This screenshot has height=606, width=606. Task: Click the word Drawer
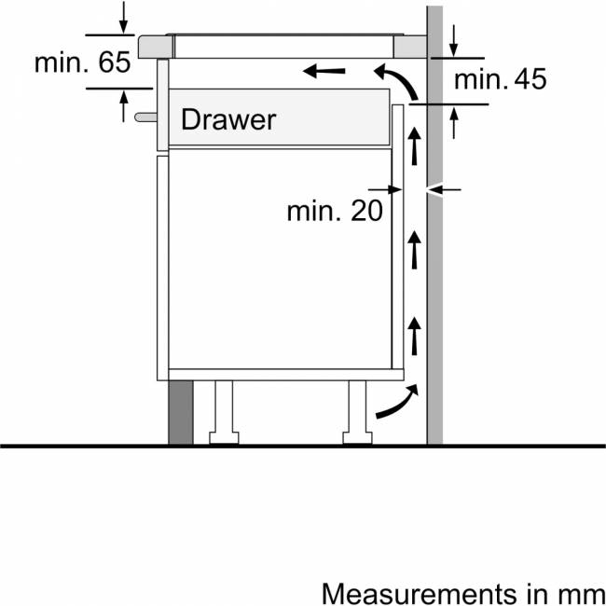click(x=228, y=119)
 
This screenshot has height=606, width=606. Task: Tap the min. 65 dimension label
click(x=83, y=62)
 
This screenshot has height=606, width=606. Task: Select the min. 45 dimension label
click(x=500, y=79)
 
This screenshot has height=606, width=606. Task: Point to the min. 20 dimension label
click(x=335, y=211)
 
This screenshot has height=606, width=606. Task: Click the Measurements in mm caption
click(x=463, y=593)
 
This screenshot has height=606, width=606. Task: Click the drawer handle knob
click(x=145, y=117)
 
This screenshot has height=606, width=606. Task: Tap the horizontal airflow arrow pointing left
click(x=324, y=71)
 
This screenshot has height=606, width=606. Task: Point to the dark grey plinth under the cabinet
click(x=181, y=412)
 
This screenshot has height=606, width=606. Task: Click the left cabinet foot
click(x=224, y=412)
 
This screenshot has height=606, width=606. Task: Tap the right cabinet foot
click(x=357, y=412)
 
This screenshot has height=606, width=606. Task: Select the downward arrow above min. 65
click(x=123, y=18)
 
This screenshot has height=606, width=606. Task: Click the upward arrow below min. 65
click(x=124, y=106)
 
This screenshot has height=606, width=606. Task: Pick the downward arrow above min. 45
click(x=454, y=41)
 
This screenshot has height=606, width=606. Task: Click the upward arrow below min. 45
click(x=454, y=122)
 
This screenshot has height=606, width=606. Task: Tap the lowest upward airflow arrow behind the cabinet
click(x=414, y=336)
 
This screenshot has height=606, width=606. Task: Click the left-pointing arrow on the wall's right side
click(x=444, y=190)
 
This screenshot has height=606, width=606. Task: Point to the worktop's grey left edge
click(x=156, y=47)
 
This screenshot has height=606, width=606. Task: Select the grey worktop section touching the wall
click(x=410, y=47)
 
